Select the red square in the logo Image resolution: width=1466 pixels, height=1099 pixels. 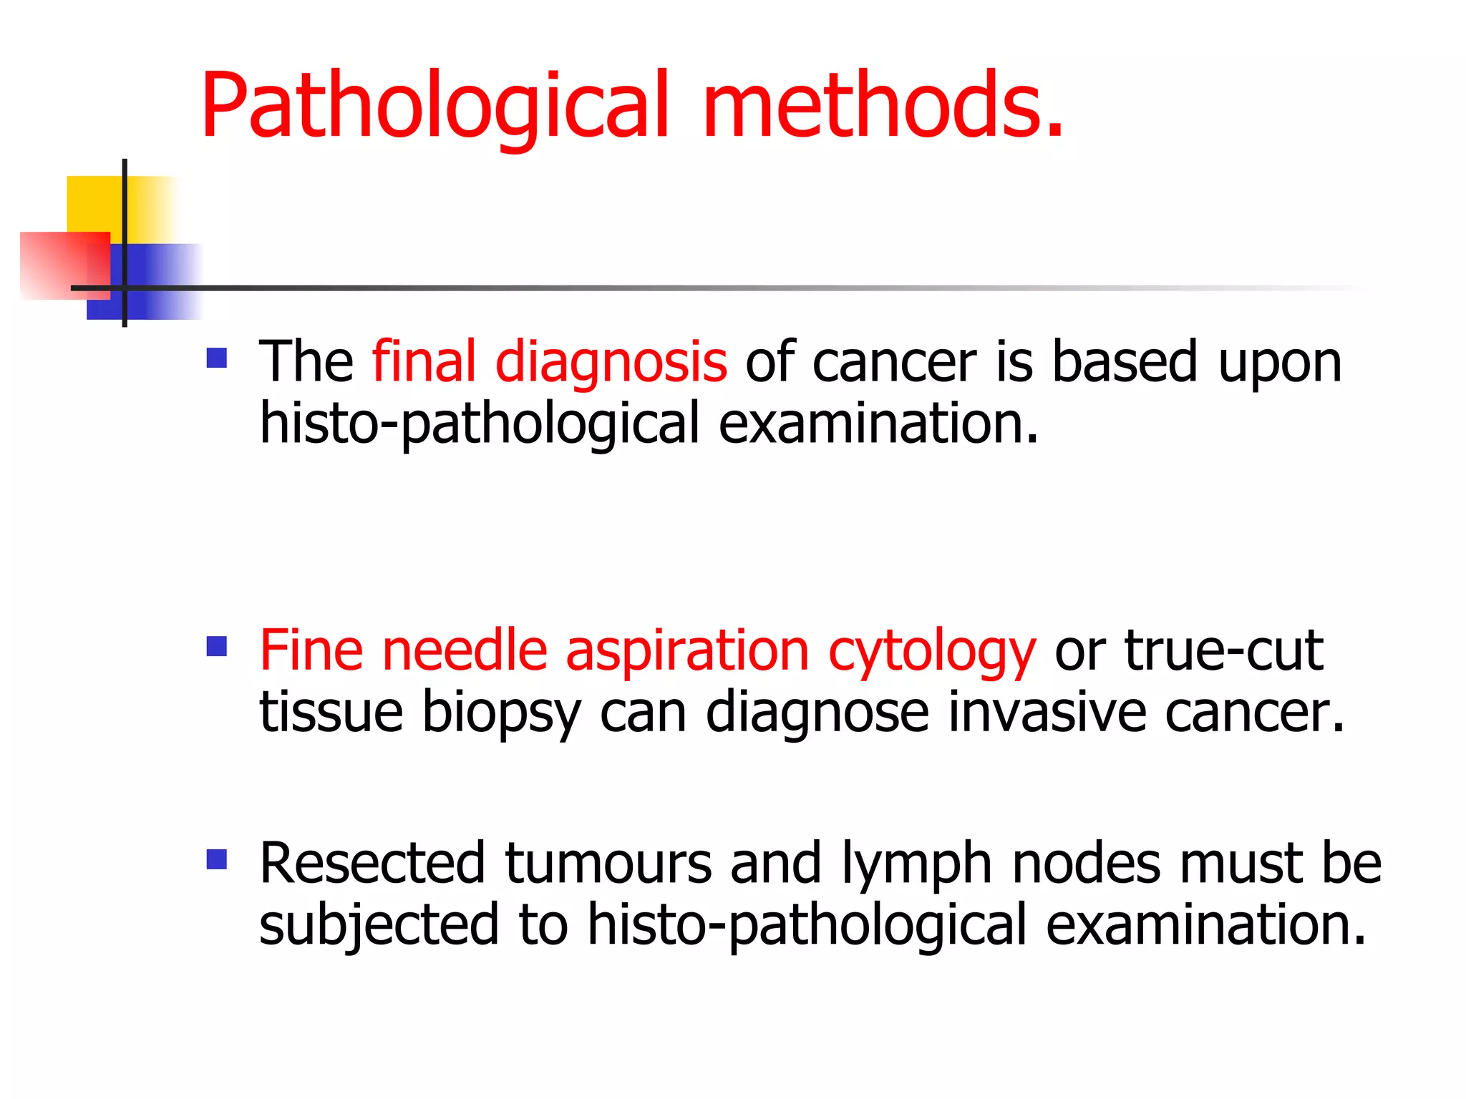point(57,265)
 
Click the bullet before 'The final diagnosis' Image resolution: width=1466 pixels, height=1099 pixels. point(216,358)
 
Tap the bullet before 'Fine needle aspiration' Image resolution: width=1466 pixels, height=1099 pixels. point(216,647)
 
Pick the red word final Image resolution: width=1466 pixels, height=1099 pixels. point(424,361)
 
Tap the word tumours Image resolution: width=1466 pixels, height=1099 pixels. point(608,863)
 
